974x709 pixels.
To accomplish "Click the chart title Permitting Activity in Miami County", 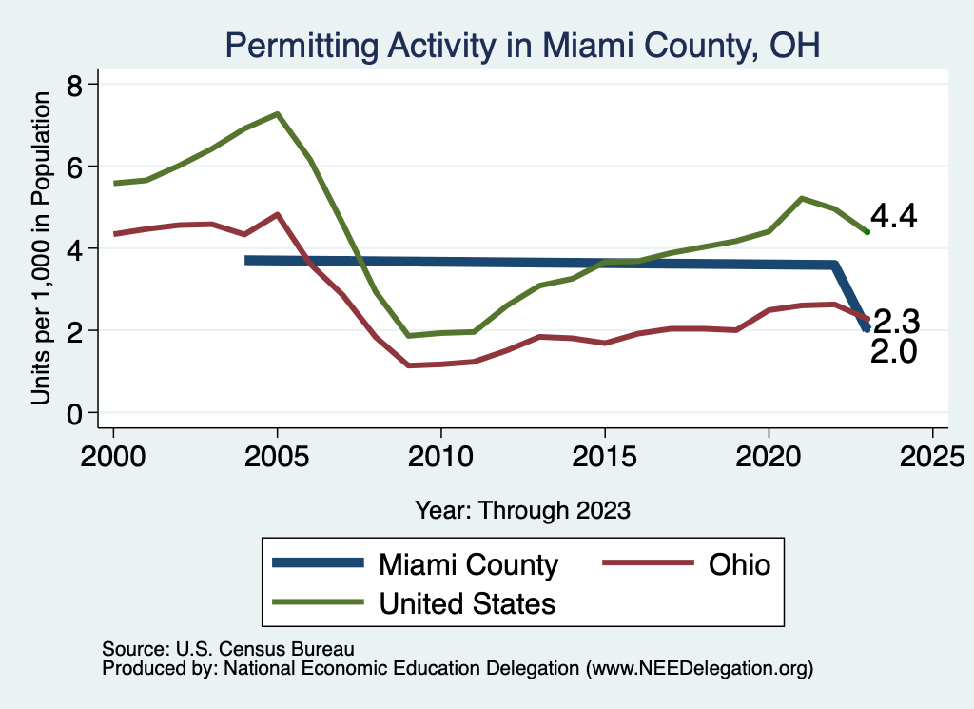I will (521, 45).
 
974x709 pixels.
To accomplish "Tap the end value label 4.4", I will (894, 217).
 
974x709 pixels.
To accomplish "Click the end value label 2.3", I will (896, 320).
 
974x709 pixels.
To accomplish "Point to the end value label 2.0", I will (894, 352).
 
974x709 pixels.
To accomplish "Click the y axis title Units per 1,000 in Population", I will (41, 249).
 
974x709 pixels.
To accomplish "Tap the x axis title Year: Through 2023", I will (522, 510).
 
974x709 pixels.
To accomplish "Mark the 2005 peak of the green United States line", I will (277, 114).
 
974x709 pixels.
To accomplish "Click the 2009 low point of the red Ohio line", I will (408, 365).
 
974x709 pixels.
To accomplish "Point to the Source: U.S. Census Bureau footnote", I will (227, 649).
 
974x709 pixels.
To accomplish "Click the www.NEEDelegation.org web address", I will (701, 669).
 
